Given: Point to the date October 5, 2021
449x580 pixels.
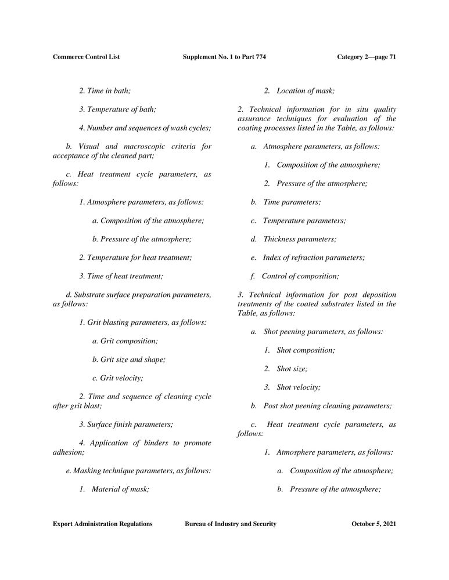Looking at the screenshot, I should tap(374, 524).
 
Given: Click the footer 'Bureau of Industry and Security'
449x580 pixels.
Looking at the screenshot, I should tap(230, 524).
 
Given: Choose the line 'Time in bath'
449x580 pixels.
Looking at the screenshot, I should tap(105, 90).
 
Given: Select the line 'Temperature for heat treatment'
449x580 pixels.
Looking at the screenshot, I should tap(135, 258).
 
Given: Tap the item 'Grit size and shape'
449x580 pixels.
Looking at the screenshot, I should tap(128, 360).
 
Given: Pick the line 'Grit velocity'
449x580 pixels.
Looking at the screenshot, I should tap(117, 378).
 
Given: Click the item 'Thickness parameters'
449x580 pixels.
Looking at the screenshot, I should tap(299, 239).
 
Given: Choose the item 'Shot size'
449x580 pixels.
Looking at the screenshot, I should tap(292, 369).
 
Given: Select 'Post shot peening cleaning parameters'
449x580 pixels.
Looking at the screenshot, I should tap(327, 406).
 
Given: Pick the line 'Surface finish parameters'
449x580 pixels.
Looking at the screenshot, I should tap(126, 425).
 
